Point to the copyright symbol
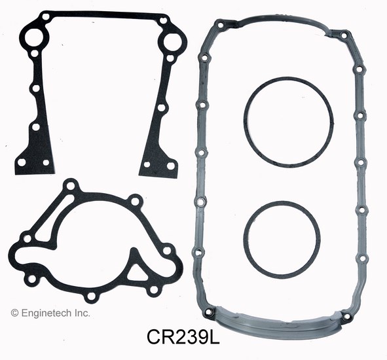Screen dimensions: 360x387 point(14,314)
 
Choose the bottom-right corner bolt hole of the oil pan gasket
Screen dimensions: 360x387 point(346,317)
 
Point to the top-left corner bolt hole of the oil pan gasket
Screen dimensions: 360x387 point(221,26)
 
